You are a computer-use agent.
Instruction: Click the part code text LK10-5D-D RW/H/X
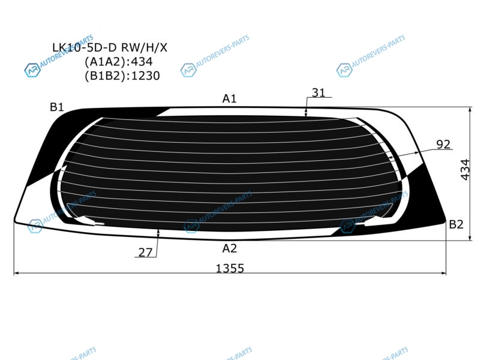[x=110, y=47]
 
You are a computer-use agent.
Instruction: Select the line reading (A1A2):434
[x=118, y=62]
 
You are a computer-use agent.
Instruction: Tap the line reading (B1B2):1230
[x=122, y=76]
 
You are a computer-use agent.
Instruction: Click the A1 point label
[x=229, y=98]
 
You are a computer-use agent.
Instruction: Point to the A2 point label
[x=230, y=248]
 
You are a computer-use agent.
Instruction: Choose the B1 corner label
[x=56, y=107]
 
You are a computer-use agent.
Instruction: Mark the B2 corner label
[x=456, y=224]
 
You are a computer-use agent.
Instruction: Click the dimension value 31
[x=319, y=92]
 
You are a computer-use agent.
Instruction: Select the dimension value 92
[x=443, y=144]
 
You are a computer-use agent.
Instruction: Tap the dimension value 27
[x=145, y=252]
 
